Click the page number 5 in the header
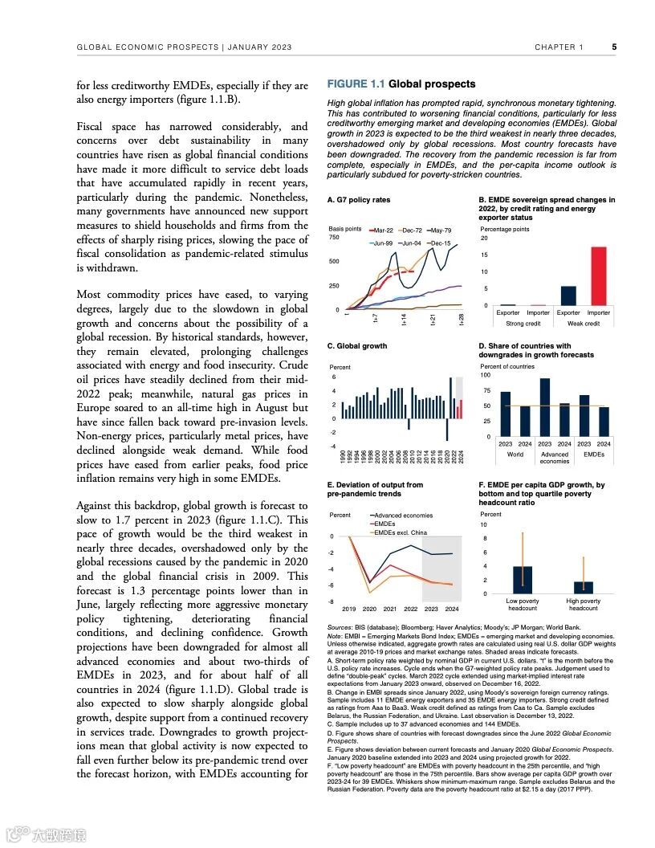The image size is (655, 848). (614, 47)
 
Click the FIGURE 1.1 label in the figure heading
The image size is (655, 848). (356, 84)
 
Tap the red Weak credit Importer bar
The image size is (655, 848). (598, 275)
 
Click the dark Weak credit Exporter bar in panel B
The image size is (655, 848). (568, 296)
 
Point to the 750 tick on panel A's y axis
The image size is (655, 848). (335, 238)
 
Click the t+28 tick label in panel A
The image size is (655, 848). (462, 320)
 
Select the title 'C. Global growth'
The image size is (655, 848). (357, 346)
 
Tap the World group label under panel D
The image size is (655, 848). (515, 454)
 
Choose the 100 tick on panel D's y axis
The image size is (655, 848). (485, 375)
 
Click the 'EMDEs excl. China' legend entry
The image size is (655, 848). (398, 532)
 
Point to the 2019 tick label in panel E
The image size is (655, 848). (349, 609)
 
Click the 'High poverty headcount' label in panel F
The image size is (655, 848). (584, 605)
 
